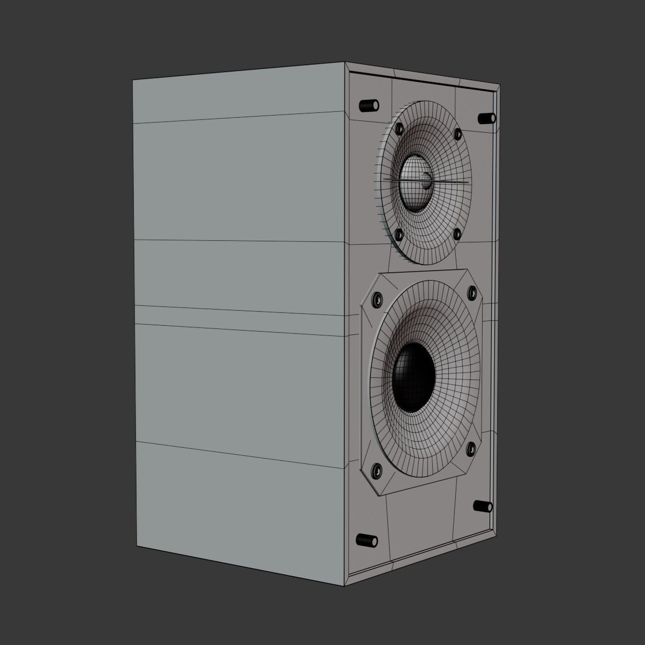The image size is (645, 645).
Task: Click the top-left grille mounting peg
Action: click(x=368, y=105)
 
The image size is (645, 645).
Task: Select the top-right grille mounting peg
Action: click(x=486, y=118)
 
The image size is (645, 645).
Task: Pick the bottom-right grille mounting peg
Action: click(x=483, y=506)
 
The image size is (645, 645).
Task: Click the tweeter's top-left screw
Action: click(x=399, y=128)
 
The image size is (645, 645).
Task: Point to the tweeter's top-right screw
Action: click(x=457, y=133)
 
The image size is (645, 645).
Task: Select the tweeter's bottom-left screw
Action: click(x=399, y=234)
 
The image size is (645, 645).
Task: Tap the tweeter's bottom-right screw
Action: click(x=456, y=233)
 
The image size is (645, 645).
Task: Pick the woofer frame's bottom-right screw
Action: click(x=471, y=447)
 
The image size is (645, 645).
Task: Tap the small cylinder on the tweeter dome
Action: click(x=426, y=181)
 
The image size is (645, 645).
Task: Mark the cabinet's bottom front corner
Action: click(x=345, y=585)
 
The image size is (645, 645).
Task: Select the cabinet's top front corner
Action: click(x=345, y=62)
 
